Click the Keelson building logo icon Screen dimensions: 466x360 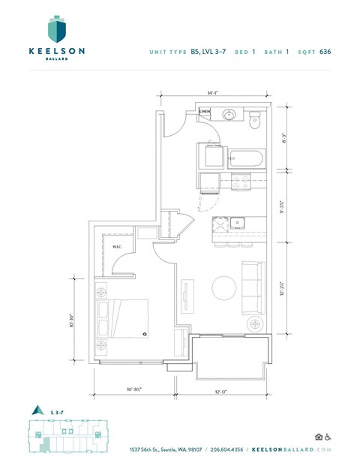tap(57, 30)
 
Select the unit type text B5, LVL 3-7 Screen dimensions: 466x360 tap(202, 52)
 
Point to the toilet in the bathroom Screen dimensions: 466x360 tap(255, 118)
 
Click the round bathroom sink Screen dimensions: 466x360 tap(229, 116)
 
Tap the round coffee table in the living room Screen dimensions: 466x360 tap(223, 287)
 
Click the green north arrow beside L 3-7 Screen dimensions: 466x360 tap(34, 410)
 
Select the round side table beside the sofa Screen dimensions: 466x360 tap(255, 323)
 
